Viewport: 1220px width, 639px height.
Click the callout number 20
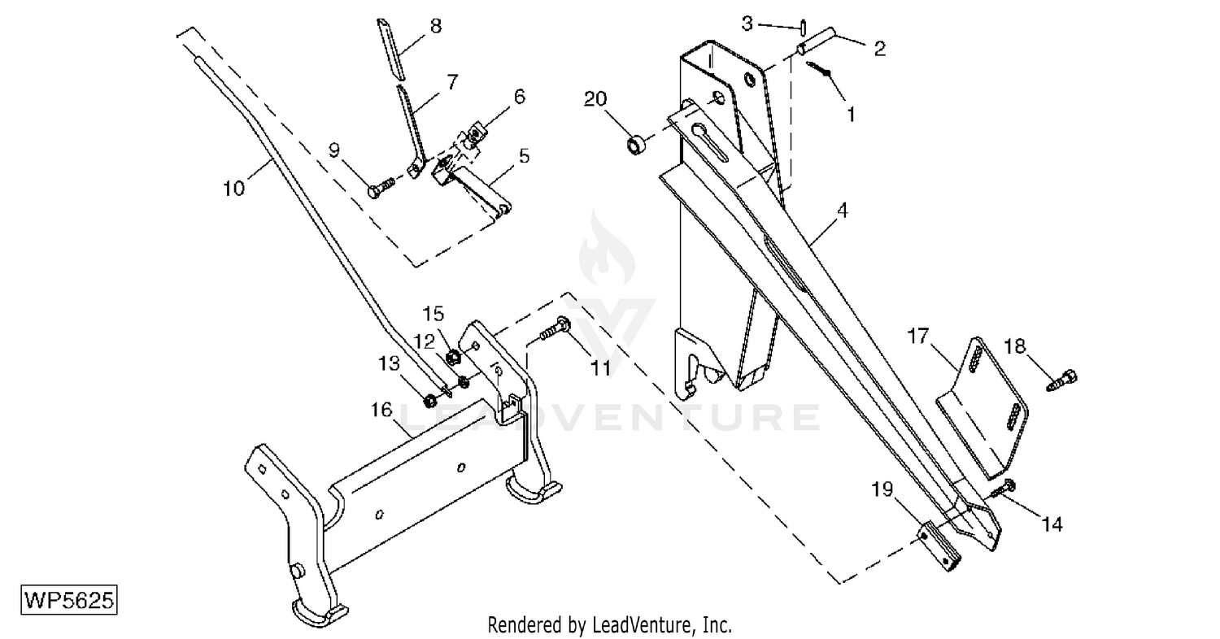[595, 99]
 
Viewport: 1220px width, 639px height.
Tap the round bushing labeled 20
[635, 146]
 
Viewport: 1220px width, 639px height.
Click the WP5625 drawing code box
[69, 600]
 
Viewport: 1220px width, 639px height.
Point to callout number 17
[917, 336]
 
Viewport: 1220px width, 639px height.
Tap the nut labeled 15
[453, 358]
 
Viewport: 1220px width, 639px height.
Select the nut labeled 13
[429, 402]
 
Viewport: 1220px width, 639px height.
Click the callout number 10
[234, 189]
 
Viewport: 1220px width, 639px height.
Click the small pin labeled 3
[804, 28]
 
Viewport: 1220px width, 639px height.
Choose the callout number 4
[842, 210]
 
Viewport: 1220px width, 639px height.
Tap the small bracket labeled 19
[941, 546]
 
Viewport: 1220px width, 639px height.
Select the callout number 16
[381, 409]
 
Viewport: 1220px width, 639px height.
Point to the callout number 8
[436, 25]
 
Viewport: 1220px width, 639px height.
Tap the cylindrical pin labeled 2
[816, 40]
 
